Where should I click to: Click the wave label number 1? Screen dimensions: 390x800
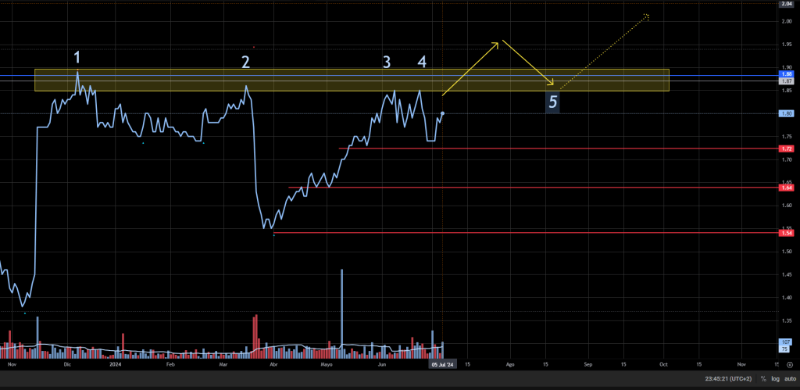click(x=77, y=57)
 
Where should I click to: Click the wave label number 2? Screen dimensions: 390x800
click(x=245, y=62)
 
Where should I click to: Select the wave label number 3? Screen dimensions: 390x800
click(x=386, y=61)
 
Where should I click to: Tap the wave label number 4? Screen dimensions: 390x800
click(x=422, y=61)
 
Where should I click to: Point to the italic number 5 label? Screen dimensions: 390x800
click(x=553, y=102)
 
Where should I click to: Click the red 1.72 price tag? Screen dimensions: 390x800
click(x=787, y=148)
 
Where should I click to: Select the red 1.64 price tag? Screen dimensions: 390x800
click(x=787, y=188)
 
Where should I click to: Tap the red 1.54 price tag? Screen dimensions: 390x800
click(x=787, y=233)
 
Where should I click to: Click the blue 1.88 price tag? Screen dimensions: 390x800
click(x=787, y=74)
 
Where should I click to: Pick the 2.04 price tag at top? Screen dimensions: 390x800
click(x=787, y=4)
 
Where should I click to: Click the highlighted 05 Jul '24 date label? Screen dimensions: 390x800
click(x=443, y=364)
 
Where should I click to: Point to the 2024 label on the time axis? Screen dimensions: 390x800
click(x=116, y=364)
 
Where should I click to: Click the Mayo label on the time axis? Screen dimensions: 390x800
click(x=327, y=364)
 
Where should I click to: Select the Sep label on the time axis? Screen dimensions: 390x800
click(x=588, y=364)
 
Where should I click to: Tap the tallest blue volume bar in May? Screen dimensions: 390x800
click(x=341, y=309)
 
